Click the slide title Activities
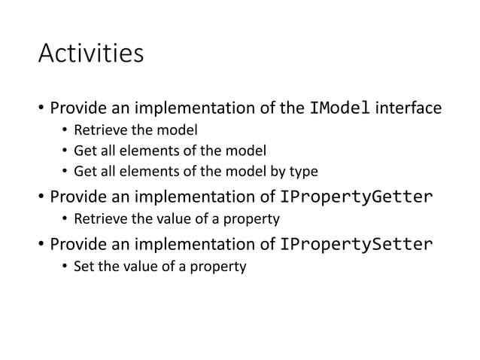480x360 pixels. pos(90,56)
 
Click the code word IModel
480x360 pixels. pos(339,108)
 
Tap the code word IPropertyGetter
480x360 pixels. pos(356,197)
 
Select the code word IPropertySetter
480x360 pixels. pos(356,243)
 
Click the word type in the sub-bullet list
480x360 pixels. pos(305,172)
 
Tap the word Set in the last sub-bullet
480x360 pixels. pos(83,266)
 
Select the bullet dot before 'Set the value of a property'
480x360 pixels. pos(65,266)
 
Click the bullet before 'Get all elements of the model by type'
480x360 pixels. pos(65,172)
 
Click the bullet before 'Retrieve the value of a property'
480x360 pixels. pos(65,220)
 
